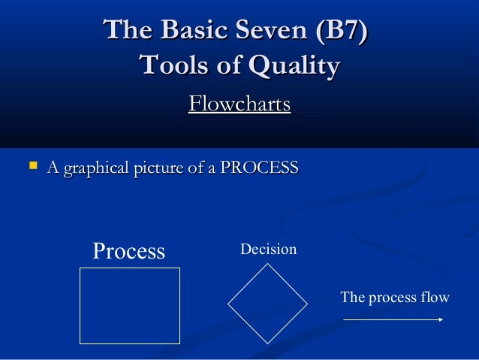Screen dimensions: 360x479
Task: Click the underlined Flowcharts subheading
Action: click(239, 104)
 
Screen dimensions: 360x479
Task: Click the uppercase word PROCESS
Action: click(258, 166)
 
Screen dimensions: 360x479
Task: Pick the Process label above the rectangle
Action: click(128, 251)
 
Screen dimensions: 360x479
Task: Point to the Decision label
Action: click(268, 249)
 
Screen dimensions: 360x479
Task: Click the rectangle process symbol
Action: click(130, 305)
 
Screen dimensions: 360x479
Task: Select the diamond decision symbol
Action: click(267, 303)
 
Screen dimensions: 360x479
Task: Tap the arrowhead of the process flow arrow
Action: click(440, 319)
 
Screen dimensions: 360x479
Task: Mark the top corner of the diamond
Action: click(267, 264)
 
